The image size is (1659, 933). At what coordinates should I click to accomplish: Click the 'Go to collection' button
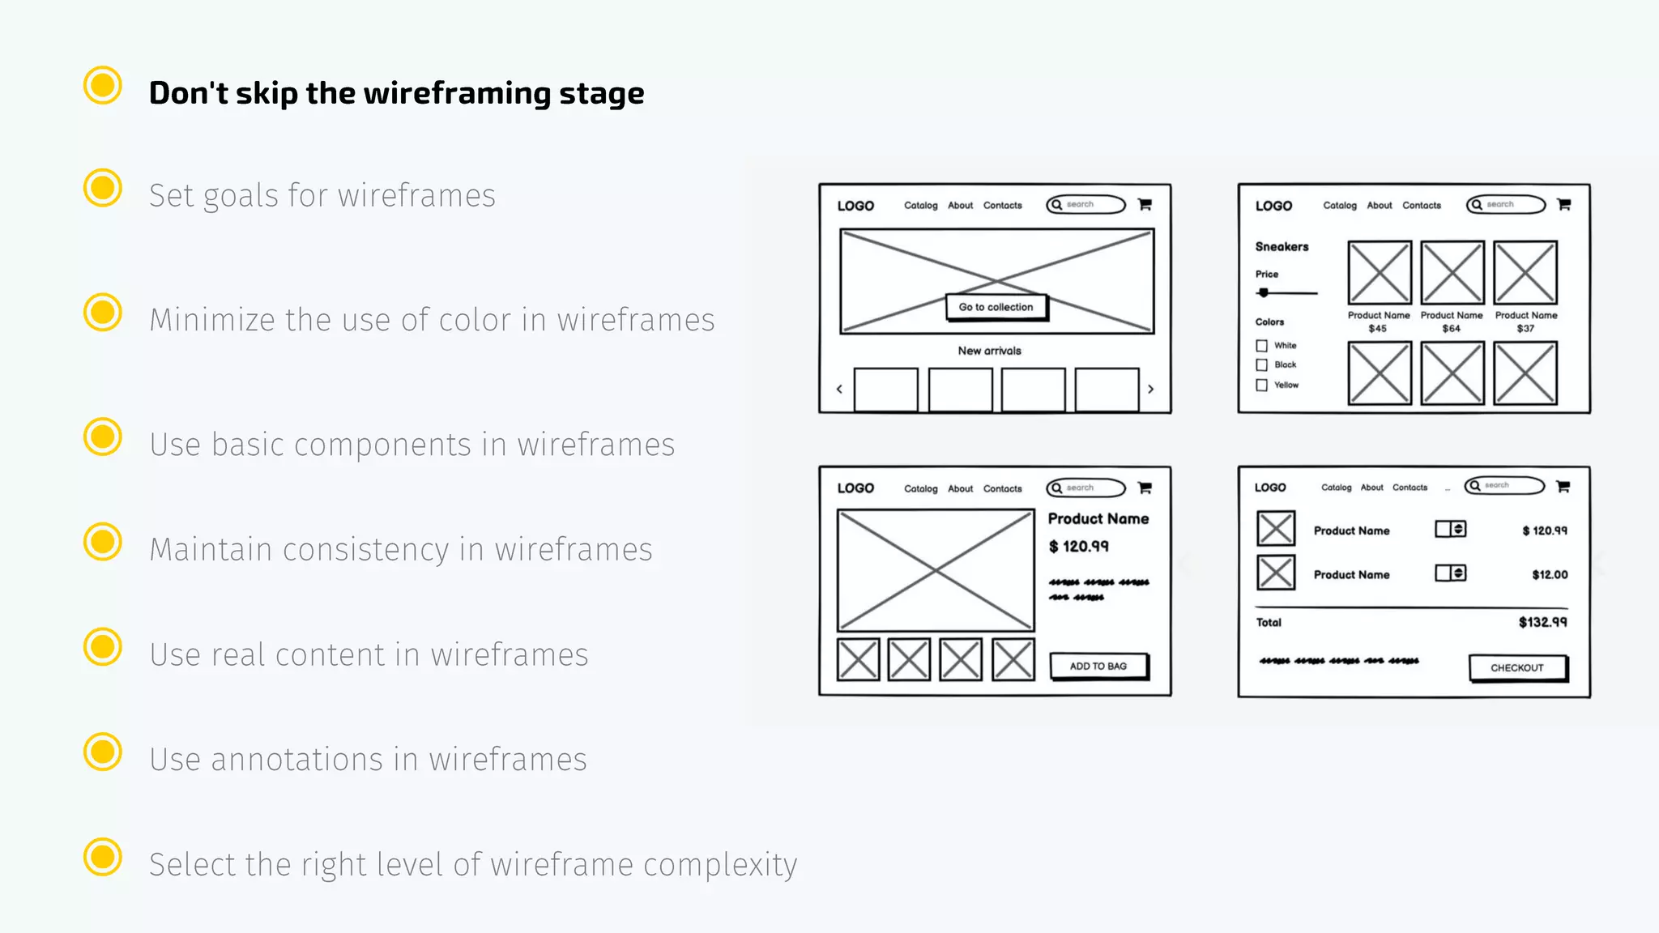996,307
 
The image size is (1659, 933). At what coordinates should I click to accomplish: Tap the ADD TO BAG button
1098,666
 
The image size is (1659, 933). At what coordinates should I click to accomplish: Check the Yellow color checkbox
1261,386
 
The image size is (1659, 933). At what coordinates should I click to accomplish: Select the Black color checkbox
1261,365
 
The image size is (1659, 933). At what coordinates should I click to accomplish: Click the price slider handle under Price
1264,293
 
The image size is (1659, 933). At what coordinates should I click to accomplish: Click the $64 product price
1451,329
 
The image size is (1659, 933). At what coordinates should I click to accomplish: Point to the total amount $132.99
1542,622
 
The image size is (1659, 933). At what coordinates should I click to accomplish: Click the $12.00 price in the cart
1549,574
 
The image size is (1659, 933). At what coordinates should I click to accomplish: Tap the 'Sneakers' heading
1282,246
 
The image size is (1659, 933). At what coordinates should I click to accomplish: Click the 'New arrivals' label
989,351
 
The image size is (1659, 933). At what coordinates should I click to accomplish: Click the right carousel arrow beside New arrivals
1150,390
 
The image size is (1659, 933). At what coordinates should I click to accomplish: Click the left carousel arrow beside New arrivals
839,390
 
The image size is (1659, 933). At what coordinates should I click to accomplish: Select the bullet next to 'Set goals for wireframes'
103,188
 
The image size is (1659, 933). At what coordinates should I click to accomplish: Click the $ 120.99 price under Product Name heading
1078,547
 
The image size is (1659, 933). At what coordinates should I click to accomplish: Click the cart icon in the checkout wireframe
1563,486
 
